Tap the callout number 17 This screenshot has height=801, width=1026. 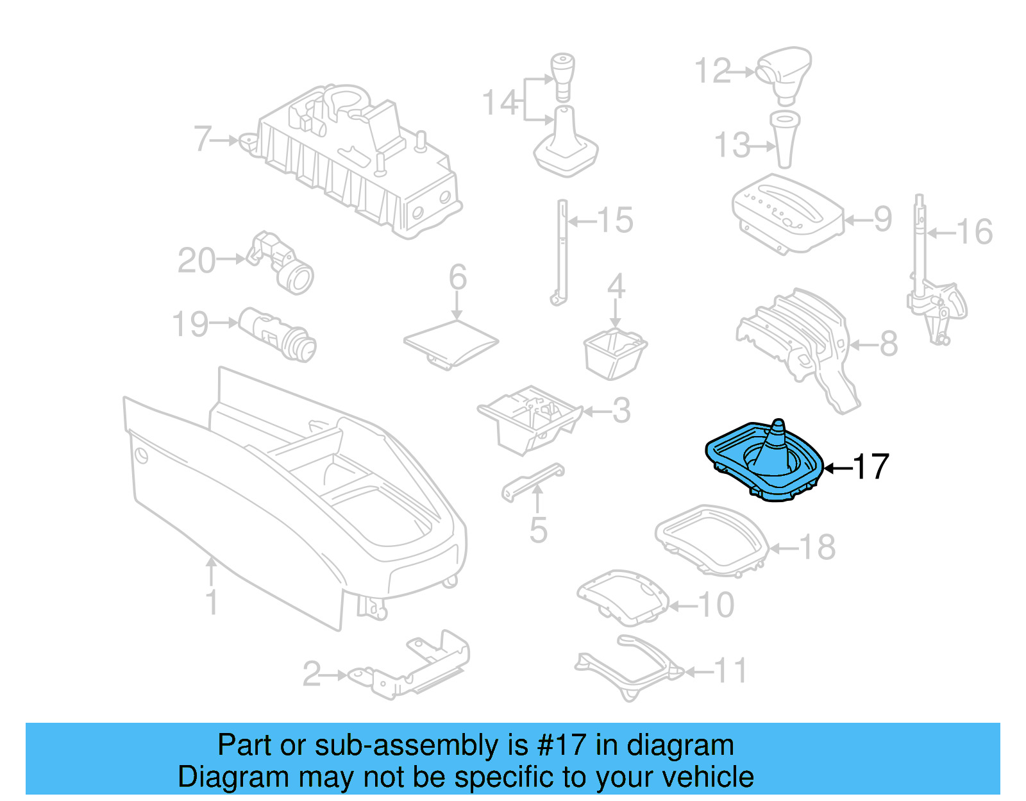(871, 468)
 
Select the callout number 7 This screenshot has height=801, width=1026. (203, 139)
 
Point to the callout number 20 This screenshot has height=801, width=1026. (196, 260)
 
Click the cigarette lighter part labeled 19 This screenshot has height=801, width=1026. (278, 333)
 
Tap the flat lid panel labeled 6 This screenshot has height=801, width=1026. (451, 343)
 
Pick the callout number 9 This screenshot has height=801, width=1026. (883, 219)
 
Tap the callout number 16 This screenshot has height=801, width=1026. (975, 232)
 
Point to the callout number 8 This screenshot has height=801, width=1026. (888, 344)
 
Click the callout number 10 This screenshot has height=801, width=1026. (716, 605)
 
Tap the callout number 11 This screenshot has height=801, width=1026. (731, 671)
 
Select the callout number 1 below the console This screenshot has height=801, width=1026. (212, 602)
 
